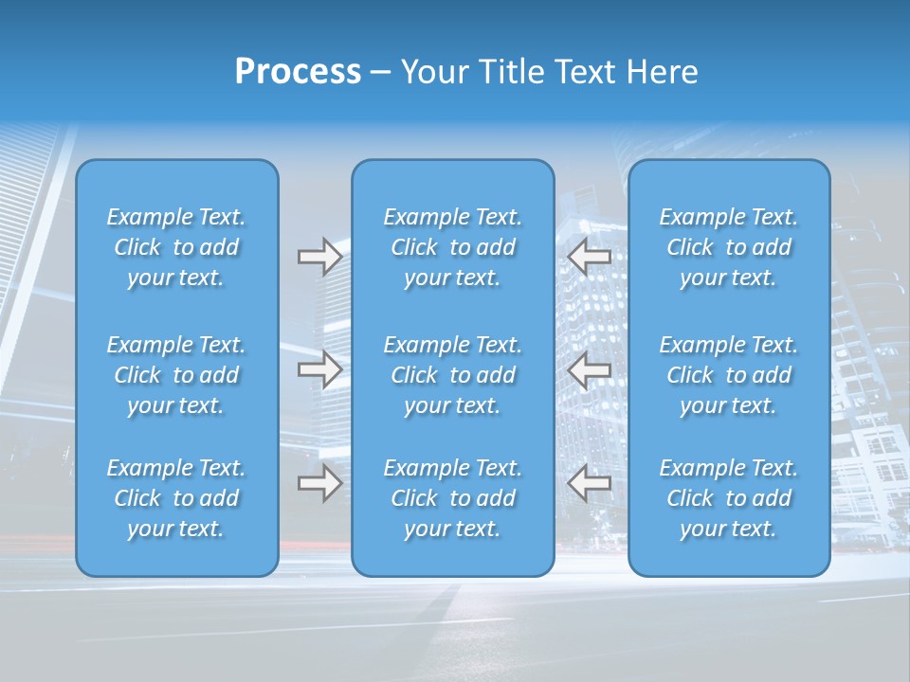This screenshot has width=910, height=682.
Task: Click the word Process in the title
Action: pos(298,72)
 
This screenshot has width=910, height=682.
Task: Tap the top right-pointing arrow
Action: pos(319,257)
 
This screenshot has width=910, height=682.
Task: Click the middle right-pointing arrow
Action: pos(319,369)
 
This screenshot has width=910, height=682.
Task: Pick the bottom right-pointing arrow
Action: pos(319,483)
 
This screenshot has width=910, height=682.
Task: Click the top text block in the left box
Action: pos(176,247)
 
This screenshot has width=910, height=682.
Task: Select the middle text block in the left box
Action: pos(176,375)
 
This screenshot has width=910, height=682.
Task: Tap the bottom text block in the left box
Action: pos(176,498)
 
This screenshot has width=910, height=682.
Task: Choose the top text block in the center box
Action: pos(452,247)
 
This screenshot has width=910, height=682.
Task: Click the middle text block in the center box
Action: pos(452,375)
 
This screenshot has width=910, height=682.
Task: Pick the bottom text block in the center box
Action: pos(452,498)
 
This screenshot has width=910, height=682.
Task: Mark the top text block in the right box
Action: pos(728,247)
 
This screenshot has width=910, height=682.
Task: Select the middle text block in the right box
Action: pos(728,375)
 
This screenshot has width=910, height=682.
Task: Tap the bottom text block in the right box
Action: pos(728,498)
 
